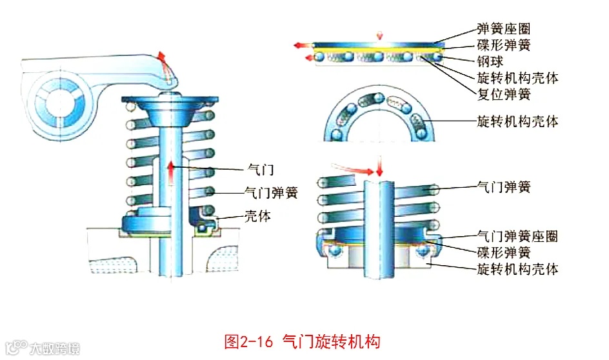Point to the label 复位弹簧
(504, 95)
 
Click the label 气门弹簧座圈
(517, 236)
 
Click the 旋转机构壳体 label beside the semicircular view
(517, 121)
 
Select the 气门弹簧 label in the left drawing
(271, 192)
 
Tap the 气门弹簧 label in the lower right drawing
(504, 187)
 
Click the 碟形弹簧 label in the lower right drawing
(504, 252)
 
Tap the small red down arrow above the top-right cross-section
(379, 34)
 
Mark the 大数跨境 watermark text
(55, 349)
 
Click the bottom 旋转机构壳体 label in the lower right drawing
(517, 268)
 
